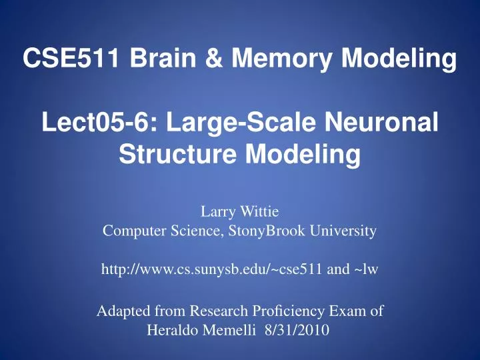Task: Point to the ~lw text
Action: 369,269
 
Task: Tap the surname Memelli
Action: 239,329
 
